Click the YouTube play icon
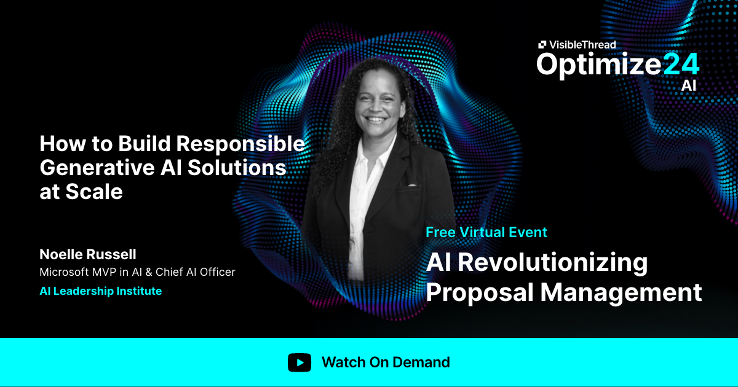pyautogui.click(x=300, y=362)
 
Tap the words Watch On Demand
pyautogui.click(x=386, y=362)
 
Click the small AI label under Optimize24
pyautogui.click(x=688, y=86)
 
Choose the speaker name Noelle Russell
pyautogui.click(x=88, y=254)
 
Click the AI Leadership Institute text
pyautogui.click(x=100, y=291)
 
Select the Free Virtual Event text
pyautogui.click(x=486, y=232)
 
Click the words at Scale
pyautogui.click(x=81, y=191)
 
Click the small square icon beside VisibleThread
pyautogui.click(x=542, y=44)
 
